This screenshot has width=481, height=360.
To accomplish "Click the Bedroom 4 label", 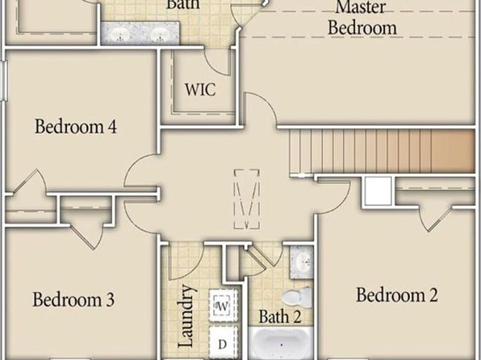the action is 76,127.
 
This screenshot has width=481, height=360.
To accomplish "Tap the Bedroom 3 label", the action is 73,299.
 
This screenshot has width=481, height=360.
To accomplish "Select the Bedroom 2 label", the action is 397,295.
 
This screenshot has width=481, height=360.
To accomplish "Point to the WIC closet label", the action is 200,90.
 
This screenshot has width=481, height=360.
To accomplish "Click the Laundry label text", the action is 186,316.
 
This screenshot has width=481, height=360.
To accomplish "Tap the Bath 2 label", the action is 280,316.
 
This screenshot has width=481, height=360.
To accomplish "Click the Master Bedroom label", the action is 362,18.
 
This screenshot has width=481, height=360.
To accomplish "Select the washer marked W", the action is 224,305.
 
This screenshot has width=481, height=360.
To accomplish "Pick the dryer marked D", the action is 224,343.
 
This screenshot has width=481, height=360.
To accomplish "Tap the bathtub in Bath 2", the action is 280,343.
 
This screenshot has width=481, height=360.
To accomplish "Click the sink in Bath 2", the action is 302,262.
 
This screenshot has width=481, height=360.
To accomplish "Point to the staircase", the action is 383,151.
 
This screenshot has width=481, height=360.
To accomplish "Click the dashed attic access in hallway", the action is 247,199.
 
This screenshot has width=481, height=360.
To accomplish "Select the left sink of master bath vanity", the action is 120,34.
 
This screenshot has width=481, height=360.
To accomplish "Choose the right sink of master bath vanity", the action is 160,34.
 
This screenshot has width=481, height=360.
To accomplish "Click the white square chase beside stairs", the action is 379,190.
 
